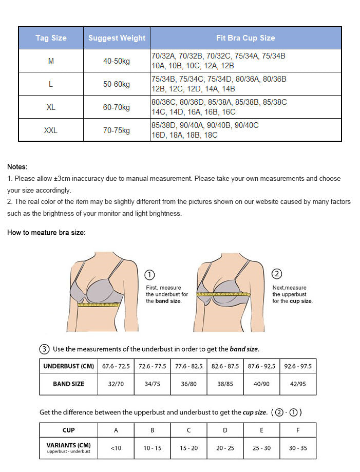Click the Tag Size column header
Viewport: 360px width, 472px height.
click(x=51, y=38)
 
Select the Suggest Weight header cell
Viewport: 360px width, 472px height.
click(x=117, y=38)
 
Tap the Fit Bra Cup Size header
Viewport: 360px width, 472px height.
click(x=245, y=38)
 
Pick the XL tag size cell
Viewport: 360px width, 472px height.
click(x=51, y=107)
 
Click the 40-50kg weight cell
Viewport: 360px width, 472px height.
click(x=117, y=61)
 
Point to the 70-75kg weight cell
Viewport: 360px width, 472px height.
click(x=117, y=130)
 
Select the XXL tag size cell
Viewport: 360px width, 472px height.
click(x=51, y=130)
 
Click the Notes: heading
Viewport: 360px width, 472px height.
click(x=17, y=167)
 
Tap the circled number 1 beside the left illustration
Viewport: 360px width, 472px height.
click(x=150, y=275)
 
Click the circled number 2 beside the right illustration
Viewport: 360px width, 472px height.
click(x=277, y=274)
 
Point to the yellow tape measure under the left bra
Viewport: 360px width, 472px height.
click(x=99, y=305)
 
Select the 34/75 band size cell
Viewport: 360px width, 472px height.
click(x=152, y=384)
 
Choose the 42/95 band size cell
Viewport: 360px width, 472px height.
click(x=297, y=384)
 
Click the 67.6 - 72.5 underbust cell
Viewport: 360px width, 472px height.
click(x=116, y=366)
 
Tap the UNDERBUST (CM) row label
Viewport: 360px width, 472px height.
click(x=68, y=366)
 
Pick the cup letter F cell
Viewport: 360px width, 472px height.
click(x=297, y=430)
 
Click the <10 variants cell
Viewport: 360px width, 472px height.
click(x=116, y=448)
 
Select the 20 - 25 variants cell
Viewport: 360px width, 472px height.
click(x=225, y=448)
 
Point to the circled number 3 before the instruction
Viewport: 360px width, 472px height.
click(x=45, y=349)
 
